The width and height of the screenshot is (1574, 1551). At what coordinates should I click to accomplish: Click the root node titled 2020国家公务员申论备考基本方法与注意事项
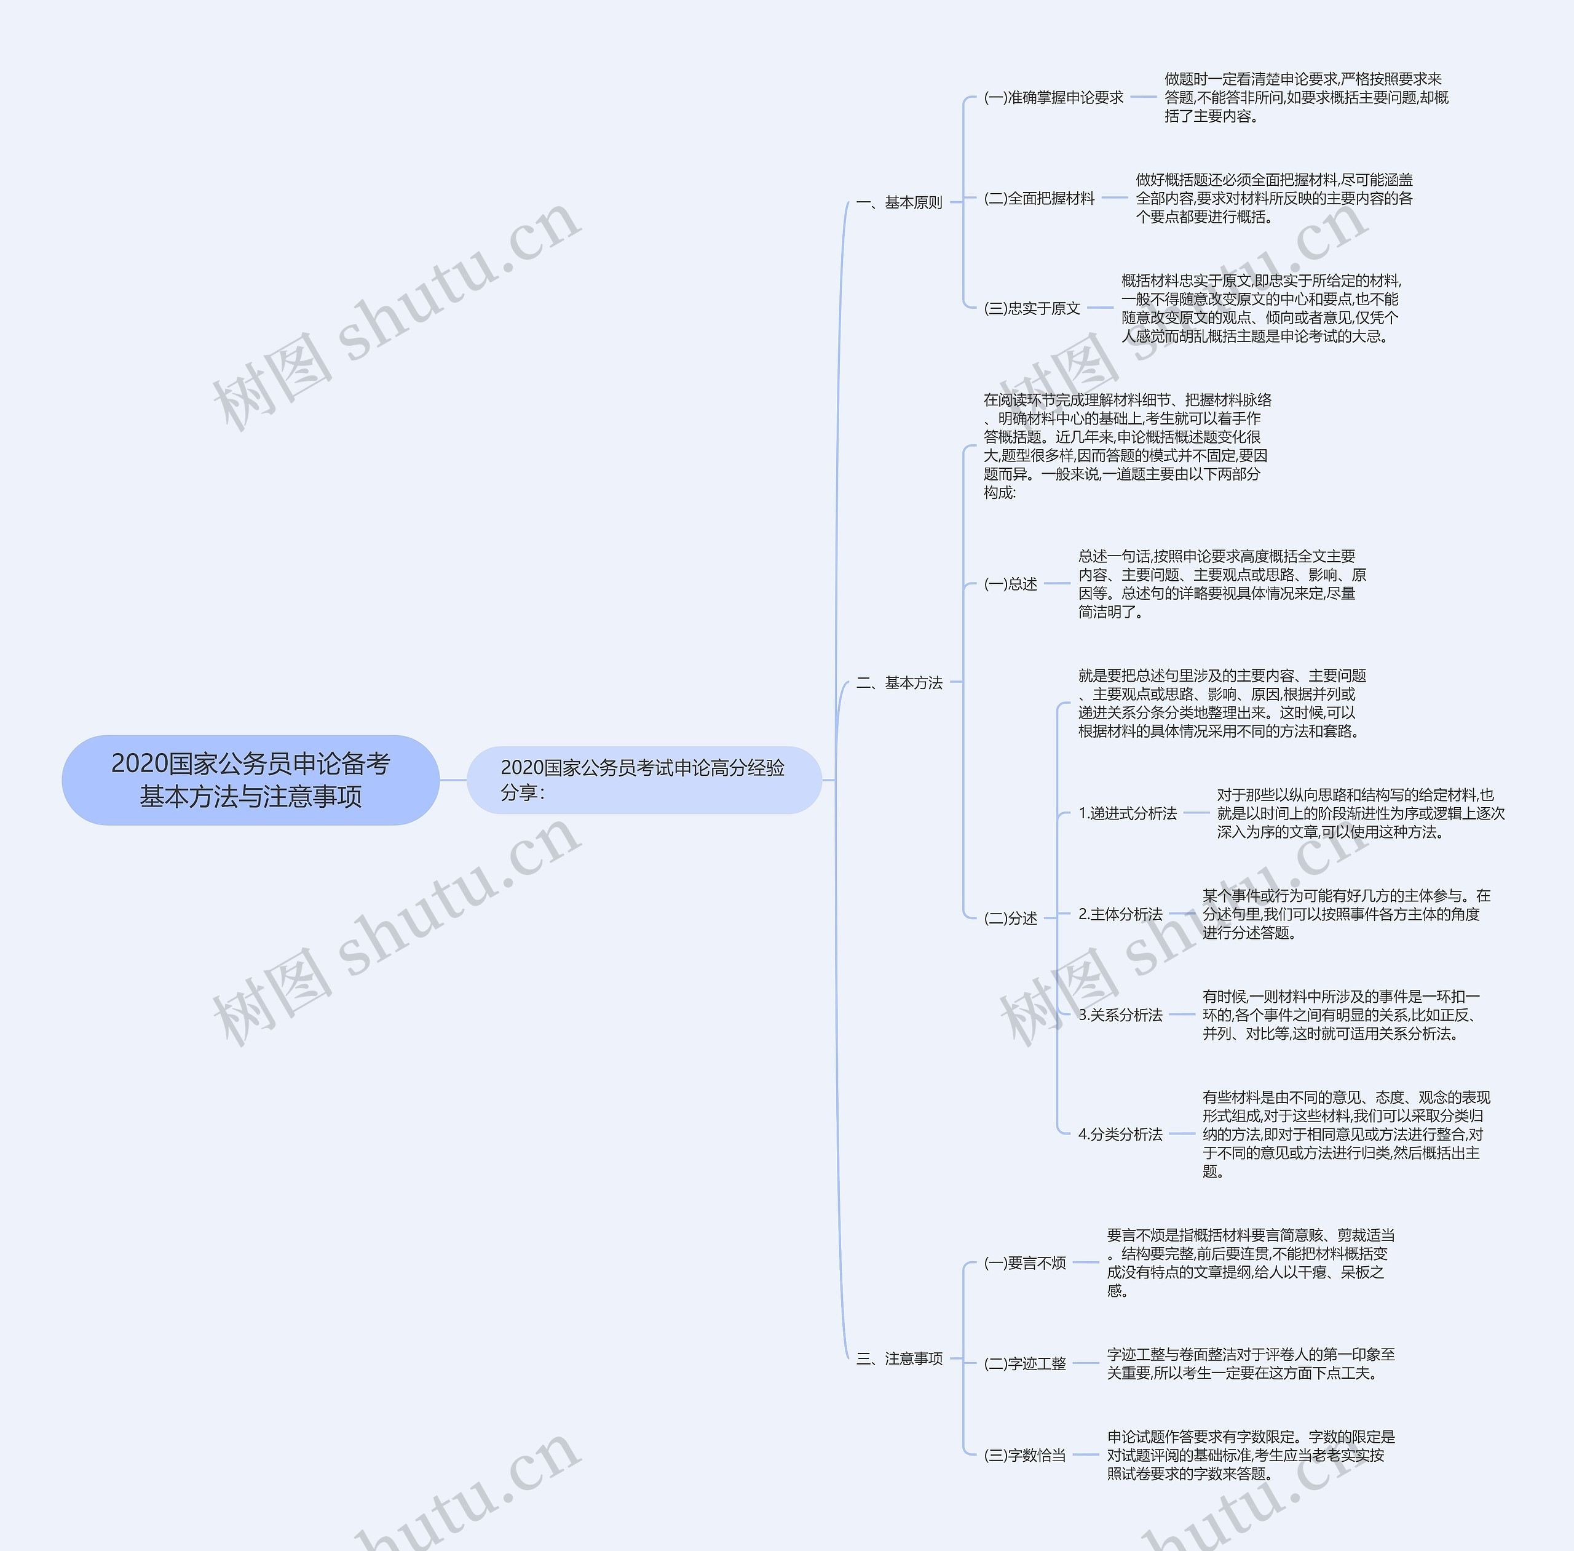(251, 779)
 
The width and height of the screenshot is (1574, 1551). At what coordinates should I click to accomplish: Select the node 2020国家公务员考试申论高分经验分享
(643, 779)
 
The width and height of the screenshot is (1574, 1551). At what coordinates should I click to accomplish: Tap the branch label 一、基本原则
(899, 202)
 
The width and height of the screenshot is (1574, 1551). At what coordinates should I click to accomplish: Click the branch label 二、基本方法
(899, 683)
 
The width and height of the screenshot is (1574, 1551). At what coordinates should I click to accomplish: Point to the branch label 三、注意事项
(899, 1358)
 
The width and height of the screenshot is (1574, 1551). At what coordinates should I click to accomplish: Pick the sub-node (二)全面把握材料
(1039, 198)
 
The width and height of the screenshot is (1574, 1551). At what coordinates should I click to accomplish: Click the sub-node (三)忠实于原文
(1032, 308)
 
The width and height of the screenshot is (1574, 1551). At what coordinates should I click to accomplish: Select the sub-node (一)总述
(1011, 583)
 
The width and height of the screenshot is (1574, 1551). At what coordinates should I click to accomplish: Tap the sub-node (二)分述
(1011, 918)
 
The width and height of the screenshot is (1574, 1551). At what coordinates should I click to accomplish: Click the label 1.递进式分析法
(1127, 813)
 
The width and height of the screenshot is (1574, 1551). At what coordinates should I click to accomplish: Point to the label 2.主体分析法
(1120, 914)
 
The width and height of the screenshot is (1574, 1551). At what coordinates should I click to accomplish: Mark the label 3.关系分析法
(1120, 1015)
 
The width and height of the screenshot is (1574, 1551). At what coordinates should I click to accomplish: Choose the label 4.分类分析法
(1120, 1134)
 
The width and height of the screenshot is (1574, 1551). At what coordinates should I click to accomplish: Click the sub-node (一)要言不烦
(1024, 1262)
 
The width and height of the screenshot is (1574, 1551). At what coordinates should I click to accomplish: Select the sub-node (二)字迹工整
(1024, 1363)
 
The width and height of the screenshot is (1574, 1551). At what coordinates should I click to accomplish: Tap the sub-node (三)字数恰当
(1024, 1455)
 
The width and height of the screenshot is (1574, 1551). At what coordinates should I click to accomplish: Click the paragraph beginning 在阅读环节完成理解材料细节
(1126, 445)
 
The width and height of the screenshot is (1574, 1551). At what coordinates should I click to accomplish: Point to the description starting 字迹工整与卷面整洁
(1250, 1363)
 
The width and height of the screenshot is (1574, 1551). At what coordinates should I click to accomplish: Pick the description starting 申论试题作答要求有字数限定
(1250, 1455)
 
